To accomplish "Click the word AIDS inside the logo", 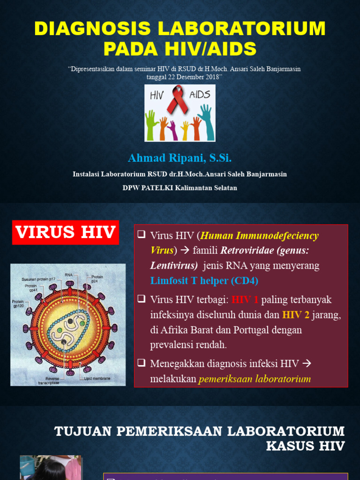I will (x=200, y=95).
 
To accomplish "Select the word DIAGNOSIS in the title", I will (x=92, y=29).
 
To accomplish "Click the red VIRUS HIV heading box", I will (x=66, y=232).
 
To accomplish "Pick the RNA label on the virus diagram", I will (x=69, y=275).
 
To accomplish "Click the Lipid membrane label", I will (x=97, y=378).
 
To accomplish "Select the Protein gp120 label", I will (x=18, y=304).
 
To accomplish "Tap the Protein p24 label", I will (x=97, y=279).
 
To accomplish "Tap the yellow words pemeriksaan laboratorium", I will (x=255, y=379).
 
